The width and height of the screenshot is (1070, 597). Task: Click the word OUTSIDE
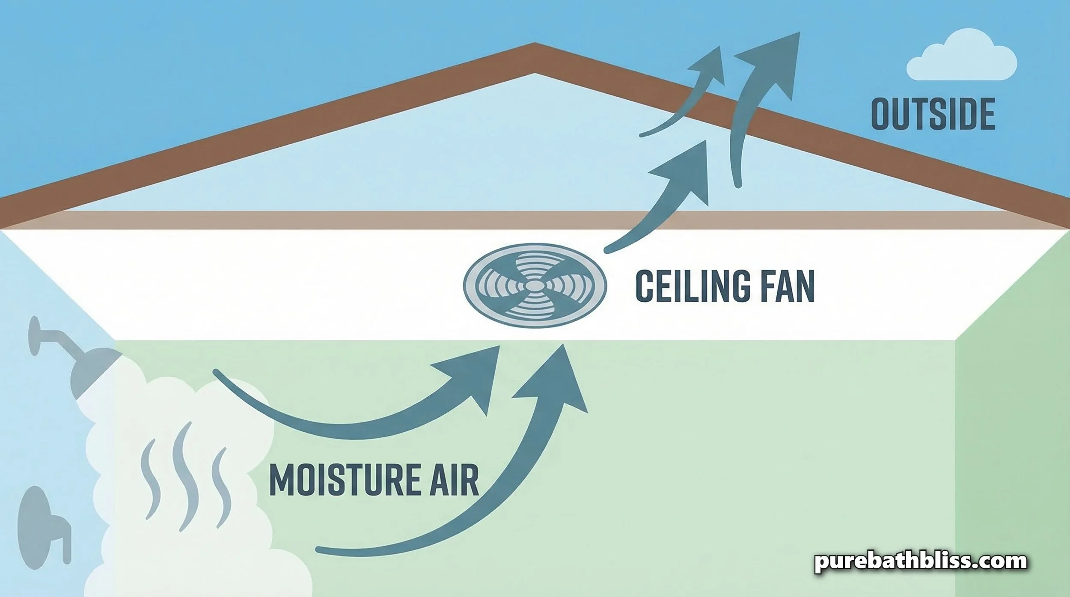[x=933, y=114]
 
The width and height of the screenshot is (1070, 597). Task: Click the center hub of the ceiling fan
[x=535, y=284]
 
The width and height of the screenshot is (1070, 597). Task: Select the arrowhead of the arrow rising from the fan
[x=689, y=167]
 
